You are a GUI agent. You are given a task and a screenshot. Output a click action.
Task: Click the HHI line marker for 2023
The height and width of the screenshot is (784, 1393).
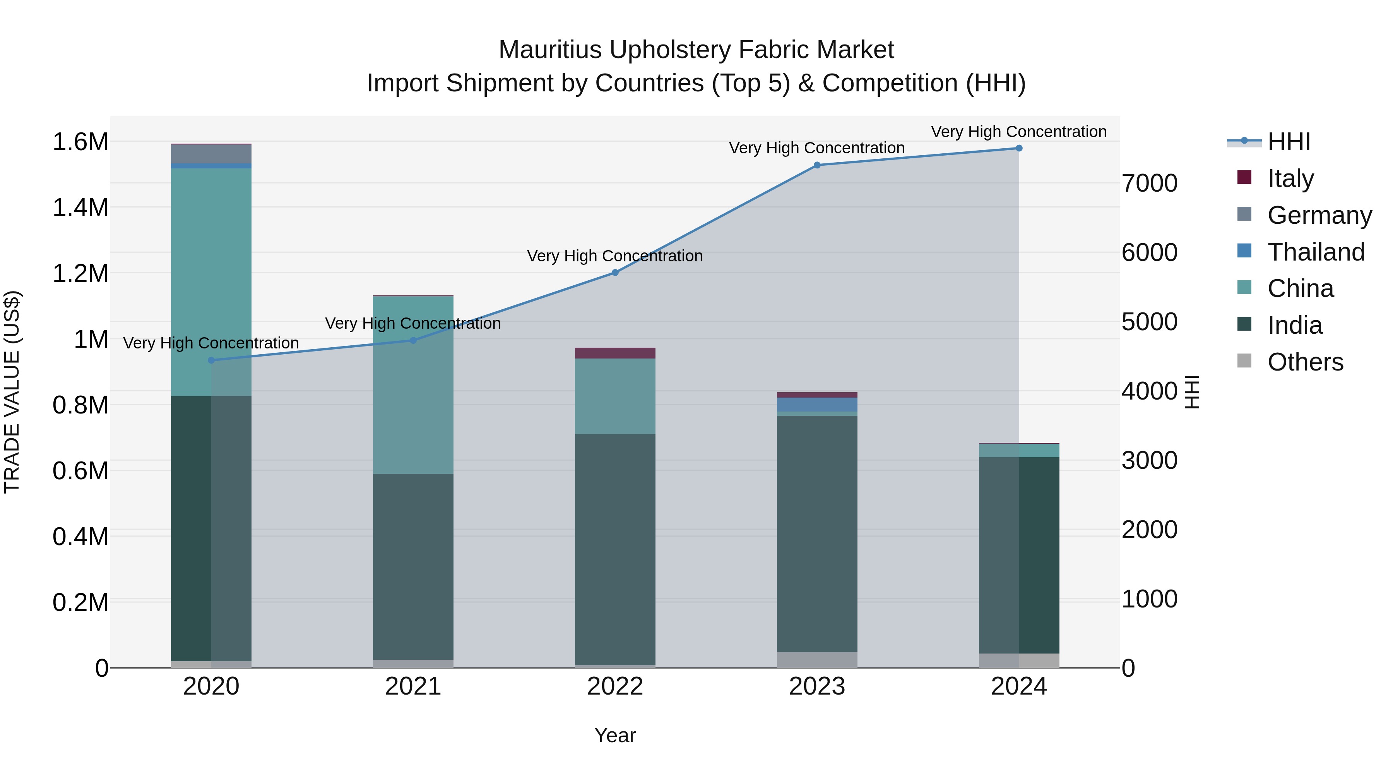(817, 165)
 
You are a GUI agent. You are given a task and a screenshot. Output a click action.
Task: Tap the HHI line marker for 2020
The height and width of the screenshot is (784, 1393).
(211, 360)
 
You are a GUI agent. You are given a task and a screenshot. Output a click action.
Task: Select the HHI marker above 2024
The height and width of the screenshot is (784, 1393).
(1019, 148)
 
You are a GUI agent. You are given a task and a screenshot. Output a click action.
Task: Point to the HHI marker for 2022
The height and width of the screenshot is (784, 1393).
(615, 273)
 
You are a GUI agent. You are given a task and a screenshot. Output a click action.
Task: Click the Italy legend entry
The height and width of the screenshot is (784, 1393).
(1290, 178)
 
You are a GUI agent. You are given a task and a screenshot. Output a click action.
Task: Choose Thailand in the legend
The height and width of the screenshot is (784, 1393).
(1316, 252)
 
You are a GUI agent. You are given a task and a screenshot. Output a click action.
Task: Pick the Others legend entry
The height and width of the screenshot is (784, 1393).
(1305, 362)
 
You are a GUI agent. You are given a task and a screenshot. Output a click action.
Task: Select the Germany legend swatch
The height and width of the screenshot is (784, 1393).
(1244, 214)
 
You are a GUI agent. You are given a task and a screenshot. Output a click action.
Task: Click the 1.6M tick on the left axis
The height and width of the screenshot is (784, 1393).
(80, 142)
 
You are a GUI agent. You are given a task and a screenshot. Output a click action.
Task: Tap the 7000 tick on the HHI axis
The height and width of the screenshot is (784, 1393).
(1150, 184)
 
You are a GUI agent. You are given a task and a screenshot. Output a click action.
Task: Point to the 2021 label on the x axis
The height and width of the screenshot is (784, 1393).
(413, 686)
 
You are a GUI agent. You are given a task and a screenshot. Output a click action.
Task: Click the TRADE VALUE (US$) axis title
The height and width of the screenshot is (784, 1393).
(12, 392)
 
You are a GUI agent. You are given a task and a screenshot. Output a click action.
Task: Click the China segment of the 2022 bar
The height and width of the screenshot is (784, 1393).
(615, 396)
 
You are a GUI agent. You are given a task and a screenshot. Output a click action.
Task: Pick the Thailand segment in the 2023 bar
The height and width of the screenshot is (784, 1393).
(817, 405)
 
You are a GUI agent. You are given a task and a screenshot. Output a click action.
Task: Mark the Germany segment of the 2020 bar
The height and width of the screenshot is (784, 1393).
(211, 154)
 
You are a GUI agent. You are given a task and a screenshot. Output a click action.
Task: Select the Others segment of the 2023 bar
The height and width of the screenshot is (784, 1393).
(817, 660)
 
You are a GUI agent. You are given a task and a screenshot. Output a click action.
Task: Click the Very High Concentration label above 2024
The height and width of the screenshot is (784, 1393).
(1019, 132)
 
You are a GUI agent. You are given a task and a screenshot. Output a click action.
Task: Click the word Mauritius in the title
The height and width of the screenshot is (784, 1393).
(550, 50)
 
